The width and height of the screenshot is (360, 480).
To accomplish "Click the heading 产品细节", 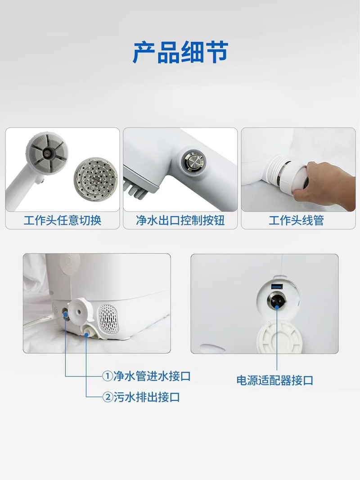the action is [180, 52].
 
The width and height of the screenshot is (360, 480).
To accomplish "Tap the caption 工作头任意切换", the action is [63, 220].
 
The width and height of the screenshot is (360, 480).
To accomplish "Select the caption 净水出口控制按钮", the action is [180, 220].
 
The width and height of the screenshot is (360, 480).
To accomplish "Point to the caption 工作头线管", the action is [297, 220].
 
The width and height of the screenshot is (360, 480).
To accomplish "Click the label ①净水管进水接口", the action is [146, 376].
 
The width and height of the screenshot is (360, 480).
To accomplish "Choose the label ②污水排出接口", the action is [141, 397].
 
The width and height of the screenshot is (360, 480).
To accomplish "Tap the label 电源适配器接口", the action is [275, 381].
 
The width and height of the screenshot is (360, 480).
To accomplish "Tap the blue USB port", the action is [277, 287].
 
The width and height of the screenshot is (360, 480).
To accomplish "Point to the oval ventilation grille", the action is [108, 319].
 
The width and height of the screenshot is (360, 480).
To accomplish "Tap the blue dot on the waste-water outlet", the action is [87, 334].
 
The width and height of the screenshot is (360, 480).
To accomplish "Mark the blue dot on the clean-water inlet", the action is [65, 314].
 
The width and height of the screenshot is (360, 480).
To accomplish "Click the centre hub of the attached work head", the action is [47, 152].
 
